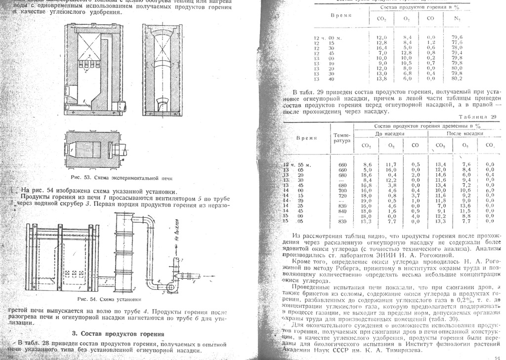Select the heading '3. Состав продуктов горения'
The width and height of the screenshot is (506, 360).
(115, 334)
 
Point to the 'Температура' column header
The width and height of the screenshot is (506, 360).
(342, 137)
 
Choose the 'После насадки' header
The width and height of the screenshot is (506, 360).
(464, 134)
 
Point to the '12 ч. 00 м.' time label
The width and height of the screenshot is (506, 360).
(325, 37)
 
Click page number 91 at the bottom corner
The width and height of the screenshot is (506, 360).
(497, 357)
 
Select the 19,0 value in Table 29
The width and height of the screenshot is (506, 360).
(366, 200)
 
